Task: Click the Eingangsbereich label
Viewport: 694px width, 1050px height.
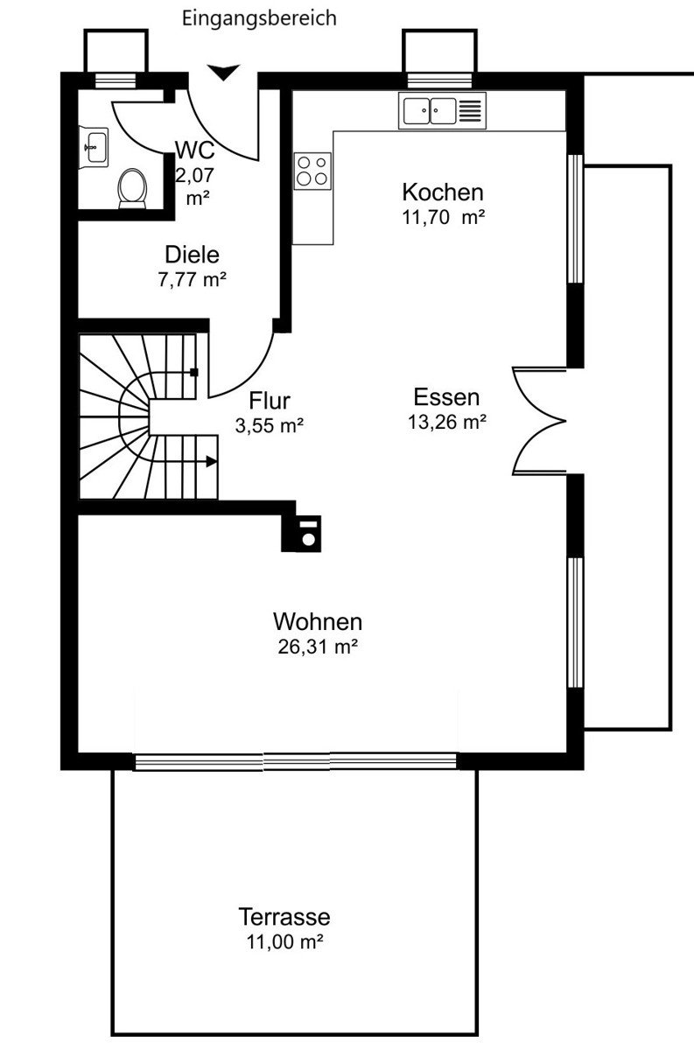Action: point(259,18)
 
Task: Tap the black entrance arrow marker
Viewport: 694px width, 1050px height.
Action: point(224,73)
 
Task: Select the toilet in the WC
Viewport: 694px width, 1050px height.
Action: point(132,188)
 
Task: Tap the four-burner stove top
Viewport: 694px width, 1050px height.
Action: point(312,171)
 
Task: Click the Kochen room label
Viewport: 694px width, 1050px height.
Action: point(443,192)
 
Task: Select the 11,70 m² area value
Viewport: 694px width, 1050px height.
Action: point(443,218)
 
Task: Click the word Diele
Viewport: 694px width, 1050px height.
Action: point(193,255)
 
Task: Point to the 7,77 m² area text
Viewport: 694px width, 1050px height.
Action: point(193,280)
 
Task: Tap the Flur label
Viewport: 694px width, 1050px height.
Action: point(270,401)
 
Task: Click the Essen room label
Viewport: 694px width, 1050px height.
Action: point(446,397)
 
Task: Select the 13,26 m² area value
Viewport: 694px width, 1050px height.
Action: point(447,422)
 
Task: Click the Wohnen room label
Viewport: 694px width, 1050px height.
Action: point(318,622)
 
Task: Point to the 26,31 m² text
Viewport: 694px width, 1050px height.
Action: point(318,647)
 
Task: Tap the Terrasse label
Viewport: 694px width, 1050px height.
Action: point(284,916)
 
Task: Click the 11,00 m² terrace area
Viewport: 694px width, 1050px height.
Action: point(285,941)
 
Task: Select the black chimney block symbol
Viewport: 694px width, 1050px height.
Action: point(301,534)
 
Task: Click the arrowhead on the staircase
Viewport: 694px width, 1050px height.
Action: point(212,462)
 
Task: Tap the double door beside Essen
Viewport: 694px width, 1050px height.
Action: point(539,421)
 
